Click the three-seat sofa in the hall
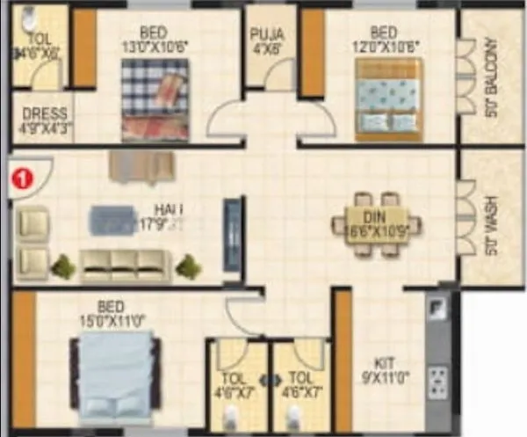125,263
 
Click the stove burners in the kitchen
437,382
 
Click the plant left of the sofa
61,265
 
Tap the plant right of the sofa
187,265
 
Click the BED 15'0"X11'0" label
112,314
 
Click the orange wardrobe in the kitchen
343,361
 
